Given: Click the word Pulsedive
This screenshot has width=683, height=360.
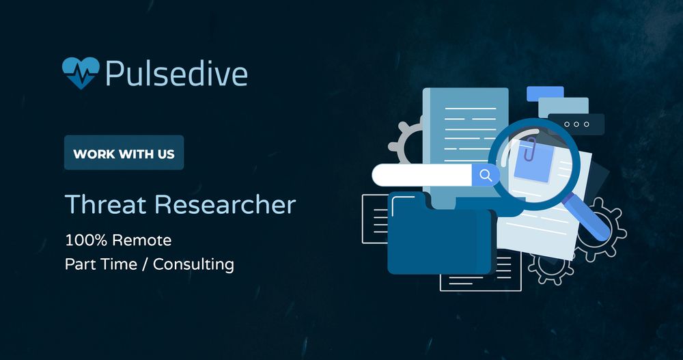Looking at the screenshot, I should point(176,73).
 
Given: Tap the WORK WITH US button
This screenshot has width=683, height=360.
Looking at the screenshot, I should point(124,153).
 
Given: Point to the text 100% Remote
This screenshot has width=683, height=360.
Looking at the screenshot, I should point(118,240).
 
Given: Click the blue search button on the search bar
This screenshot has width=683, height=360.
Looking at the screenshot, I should point(486,176).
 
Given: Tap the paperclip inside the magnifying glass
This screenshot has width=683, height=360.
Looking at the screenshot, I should point(529,150).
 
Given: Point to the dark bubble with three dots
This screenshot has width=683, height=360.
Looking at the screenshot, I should point(576,124).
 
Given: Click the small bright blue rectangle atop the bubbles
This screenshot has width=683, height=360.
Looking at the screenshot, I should point(544,94).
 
